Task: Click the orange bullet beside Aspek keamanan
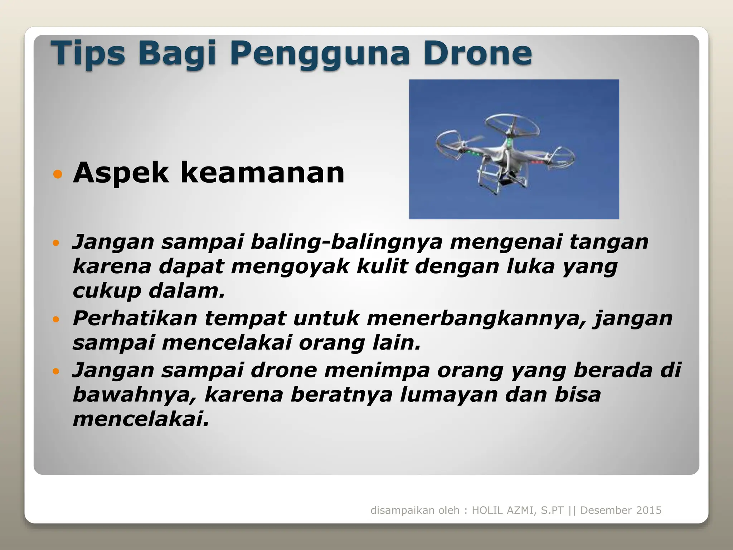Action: pos(57,174)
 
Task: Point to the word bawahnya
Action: pos(135,395)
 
